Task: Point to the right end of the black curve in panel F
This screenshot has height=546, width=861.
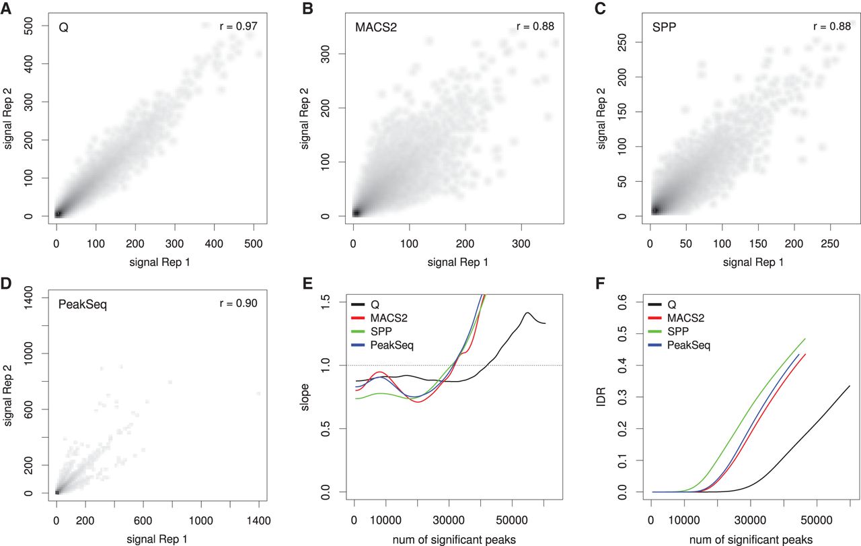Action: pos(850,386)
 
